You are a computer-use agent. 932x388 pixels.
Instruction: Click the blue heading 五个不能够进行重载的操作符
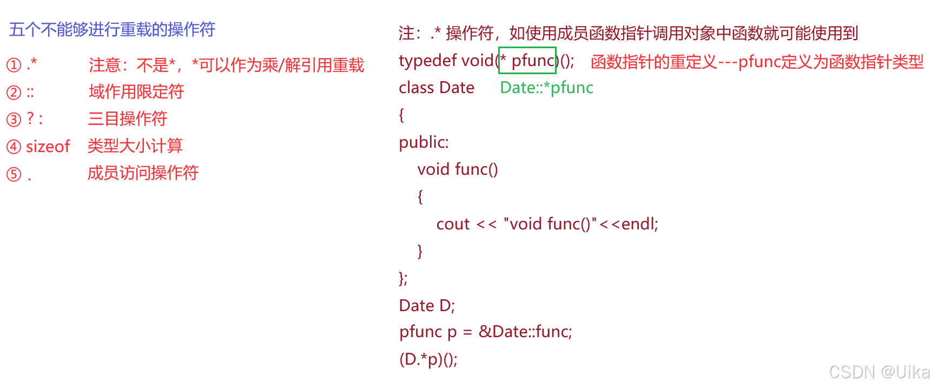[112, 29]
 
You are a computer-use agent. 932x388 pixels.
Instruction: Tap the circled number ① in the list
[14, 65]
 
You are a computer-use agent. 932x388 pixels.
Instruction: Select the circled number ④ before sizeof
[14, 147]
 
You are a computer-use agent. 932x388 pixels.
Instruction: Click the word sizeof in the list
[48, 147]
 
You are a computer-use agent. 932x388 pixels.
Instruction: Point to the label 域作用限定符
[136, 92]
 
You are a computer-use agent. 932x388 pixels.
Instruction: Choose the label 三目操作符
[128, 119]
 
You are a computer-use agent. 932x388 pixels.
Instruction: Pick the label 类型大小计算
[135, 146]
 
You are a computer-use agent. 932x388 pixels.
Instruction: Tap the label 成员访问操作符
[143, 173]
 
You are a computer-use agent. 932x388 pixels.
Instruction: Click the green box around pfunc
[527, 61]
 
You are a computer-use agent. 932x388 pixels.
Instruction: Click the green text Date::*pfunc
[546, 88]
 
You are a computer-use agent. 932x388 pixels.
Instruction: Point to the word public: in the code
[424, 142]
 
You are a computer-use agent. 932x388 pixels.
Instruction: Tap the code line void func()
[458, 169]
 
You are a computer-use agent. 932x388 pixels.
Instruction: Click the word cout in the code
[453, 224]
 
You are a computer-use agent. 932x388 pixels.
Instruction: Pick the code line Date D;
[427, 306]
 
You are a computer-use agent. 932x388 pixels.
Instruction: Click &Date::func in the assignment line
[525, 332]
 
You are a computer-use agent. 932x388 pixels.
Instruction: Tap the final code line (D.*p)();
[428, 359]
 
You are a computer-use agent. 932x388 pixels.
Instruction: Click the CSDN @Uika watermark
[878, 371]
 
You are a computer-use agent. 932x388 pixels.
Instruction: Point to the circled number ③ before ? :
[14, 120]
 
